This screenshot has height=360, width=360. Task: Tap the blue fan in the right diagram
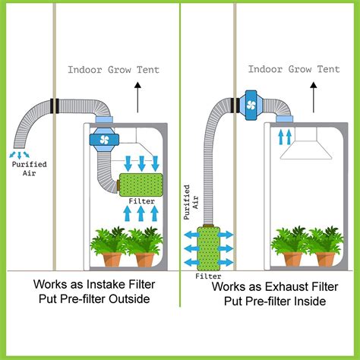click(x=251, y=102)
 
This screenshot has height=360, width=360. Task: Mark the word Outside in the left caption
click(x=131, y=299)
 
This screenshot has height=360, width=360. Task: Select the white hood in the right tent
click(x=305, y=148)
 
